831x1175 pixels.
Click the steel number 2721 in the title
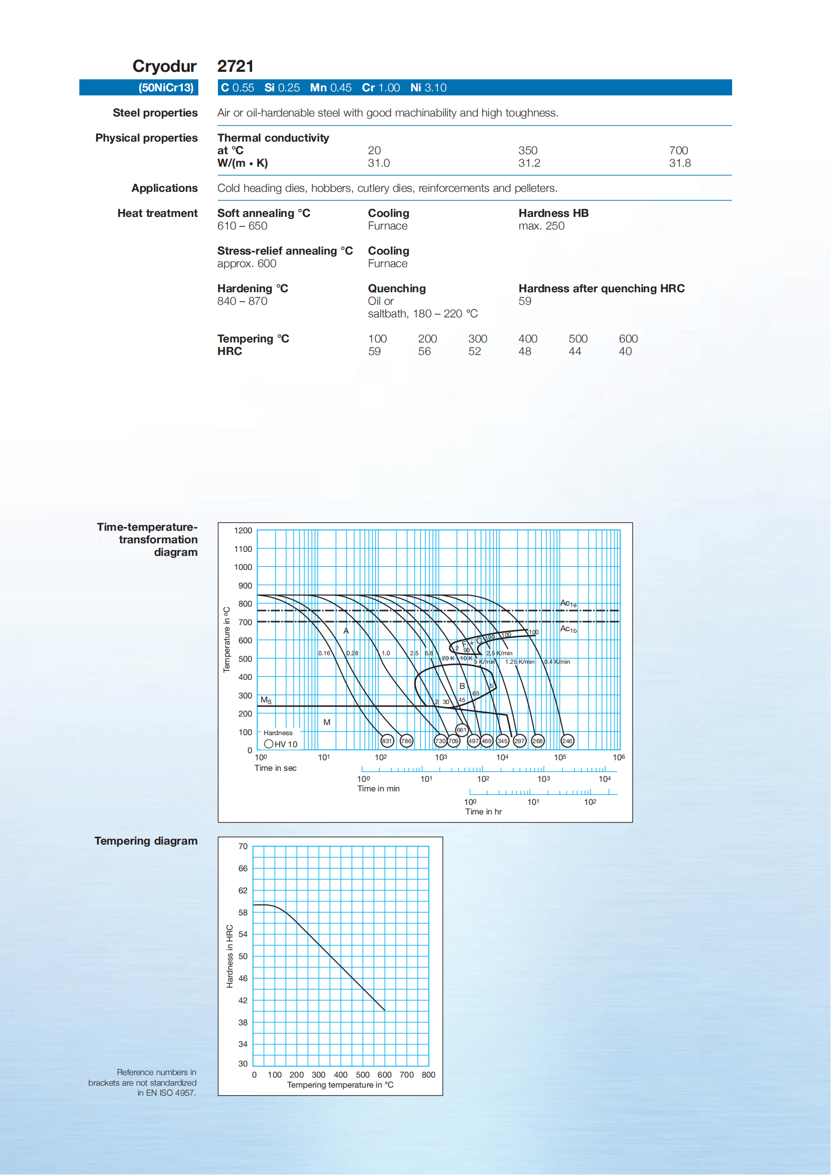click(x=235, y=66)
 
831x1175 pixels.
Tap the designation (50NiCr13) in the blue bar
click(x=166, y=87)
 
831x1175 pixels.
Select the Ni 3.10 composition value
click(x=428, y=87)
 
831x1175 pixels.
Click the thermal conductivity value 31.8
click(x=679, y=163)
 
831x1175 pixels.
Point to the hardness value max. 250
click(x=541, y=225)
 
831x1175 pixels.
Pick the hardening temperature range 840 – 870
click(x=242, y=301)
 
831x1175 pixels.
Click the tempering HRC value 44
click(x=574, y=351)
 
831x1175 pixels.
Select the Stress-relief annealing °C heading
click(x=285, y=251)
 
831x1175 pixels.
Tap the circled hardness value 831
click(x=387, y=741)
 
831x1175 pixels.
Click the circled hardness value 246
click(x=567, y=741)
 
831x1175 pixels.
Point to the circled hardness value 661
click(x=461, y=730)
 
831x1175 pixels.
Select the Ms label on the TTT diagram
click(x=266, y=699)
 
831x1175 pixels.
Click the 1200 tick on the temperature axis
click(x=243, y=531)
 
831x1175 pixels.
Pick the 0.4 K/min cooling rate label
click(x=557, y=662)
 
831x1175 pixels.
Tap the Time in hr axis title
click(x=484, y=811)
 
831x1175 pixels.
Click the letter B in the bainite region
click(x=462, y=686)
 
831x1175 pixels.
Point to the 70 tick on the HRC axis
click(x=243, y=847)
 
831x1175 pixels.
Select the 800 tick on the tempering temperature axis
click(x=428, y=1075)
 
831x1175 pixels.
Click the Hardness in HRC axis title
click(x=230, y=956)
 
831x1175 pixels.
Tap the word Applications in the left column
click(x=164, y=188)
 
